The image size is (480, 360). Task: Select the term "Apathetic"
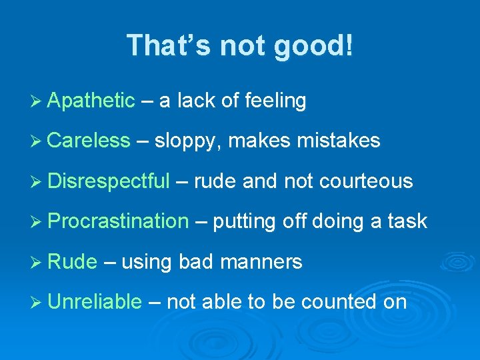click(x=91, y=101)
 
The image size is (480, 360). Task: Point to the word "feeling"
click(x=275, y=101)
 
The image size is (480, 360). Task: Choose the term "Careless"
click(x=89, y=141)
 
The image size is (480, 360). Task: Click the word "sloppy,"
click(x=187, y=141)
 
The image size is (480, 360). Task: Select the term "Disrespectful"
click(x=109, y=181)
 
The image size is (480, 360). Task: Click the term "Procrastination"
click(x=118, y=221)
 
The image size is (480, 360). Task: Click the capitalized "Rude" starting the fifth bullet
click(x=73, y=262)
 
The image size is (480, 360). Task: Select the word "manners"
click(x=261, y=262)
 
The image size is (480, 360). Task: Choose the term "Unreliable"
click(x=95, y=302)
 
